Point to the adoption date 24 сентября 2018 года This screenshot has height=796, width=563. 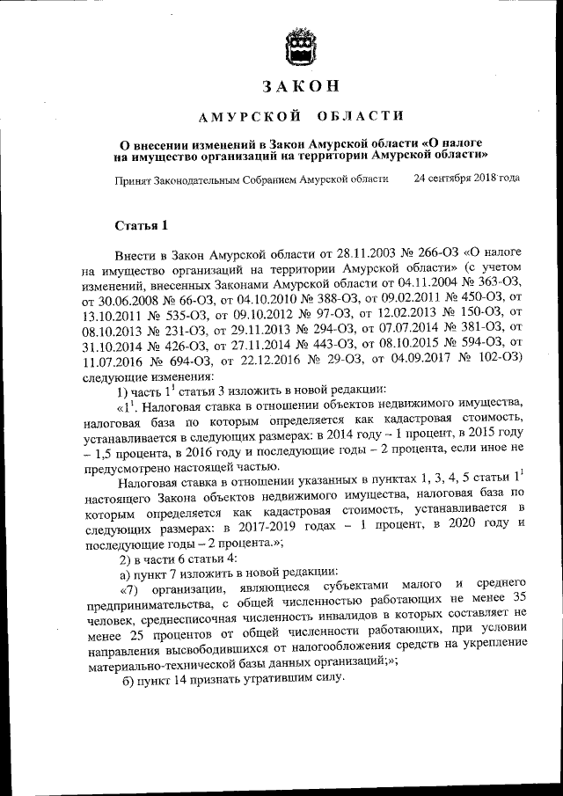point(466,178)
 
